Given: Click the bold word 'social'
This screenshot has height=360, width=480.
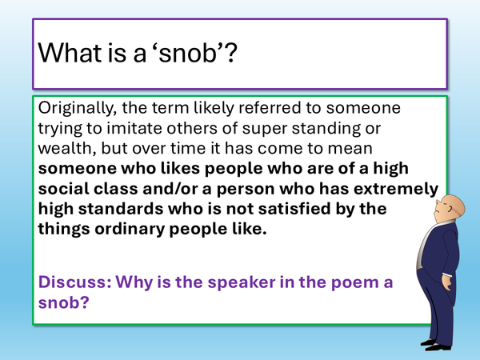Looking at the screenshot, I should pos(66,188).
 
